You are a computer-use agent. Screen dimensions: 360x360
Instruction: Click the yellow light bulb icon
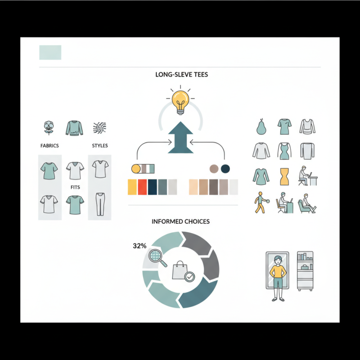[x=180, y=102]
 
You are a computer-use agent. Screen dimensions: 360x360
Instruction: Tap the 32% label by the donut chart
[x=139, y=246]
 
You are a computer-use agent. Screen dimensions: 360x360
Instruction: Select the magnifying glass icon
[x=157, y=257]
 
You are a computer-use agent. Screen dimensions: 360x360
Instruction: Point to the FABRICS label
[x=49, y=145]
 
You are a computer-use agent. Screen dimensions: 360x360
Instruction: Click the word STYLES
[x=100, y=145]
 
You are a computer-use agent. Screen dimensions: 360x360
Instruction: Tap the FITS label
[x=75, y=187]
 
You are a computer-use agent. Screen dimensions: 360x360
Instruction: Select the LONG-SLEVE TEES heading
[x=182, y=75]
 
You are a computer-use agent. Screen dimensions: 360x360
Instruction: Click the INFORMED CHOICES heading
[x=181, y=221]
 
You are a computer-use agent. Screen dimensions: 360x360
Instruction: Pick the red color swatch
[x=142, y=187]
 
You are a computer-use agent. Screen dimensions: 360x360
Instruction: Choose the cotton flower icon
[x=49, y=128]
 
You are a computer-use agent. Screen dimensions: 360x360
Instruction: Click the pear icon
[x=261, y=126]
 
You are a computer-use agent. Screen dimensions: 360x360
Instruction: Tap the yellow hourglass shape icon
[x=284, y=176]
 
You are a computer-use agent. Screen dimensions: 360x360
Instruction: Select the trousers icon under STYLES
[x=100, y=204]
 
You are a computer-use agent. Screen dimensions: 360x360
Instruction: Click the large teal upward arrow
[x=181, y=137]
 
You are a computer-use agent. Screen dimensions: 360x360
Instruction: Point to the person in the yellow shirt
[x=278, y=278]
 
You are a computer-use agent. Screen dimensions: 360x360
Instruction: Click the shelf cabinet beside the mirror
[x=305, y=271]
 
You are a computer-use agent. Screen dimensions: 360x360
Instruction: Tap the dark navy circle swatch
[x=225, y=169]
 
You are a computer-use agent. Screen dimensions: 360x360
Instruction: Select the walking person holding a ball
[x=261, y=202]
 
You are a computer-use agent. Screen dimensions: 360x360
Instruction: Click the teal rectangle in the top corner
[x=50, y=52]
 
